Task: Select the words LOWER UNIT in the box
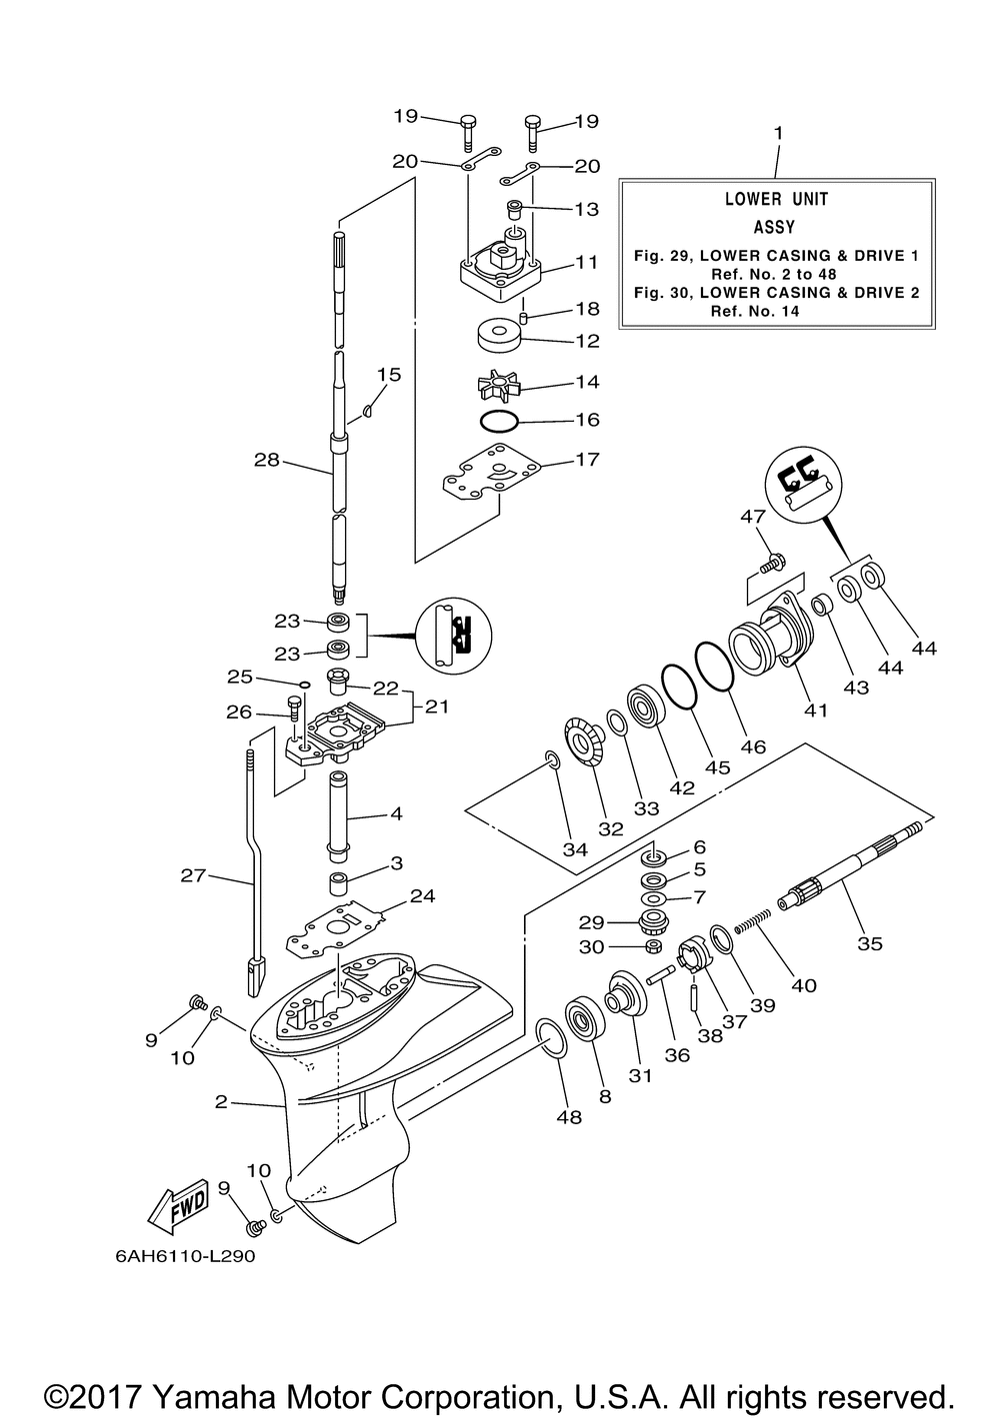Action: pyautogui.click(x=776, y=199)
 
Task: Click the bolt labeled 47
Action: pyautogui.click(x=771, y=563)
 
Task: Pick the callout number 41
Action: pyautogui.click(x=816, y=711)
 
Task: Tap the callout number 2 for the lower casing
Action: pyautogui.click(x=221, y=1102)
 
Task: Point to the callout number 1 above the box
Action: pyautogui.click(x=779, y=133)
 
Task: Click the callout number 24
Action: pyautogui.click(x=423, y=895)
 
